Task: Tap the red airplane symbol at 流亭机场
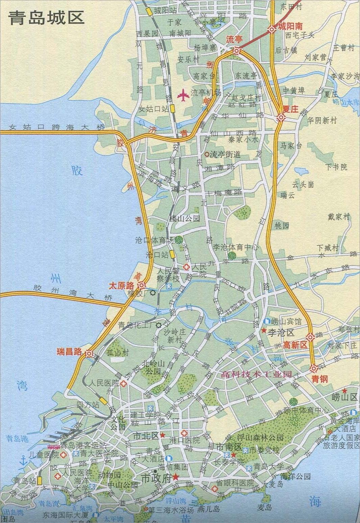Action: [x=183, y=95]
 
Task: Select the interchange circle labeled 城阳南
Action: [x=272, y=30]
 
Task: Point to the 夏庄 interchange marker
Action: [x=281, y=118]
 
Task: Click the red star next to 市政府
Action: [x=176, y=477]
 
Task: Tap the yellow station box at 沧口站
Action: [x=172, y=254]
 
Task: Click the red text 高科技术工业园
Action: [x=256, y=374]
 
